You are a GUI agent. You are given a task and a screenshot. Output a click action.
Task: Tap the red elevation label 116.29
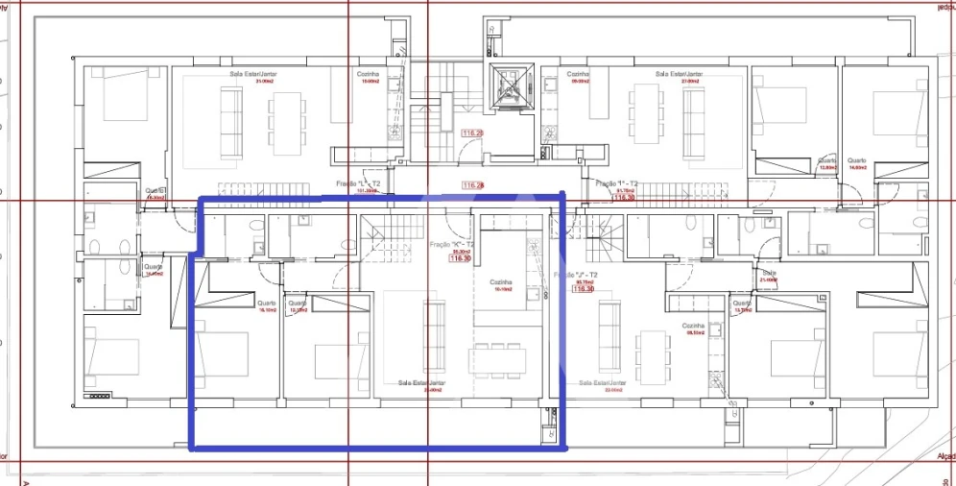coord(471,134)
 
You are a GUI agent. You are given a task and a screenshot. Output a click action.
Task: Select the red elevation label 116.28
coord(472,185)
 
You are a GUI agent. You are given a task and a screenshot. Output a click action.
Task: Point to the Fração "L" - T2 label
coord(359,182)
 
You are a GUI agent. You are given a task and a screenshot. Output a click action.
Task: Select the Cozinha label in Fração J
coord(695,327)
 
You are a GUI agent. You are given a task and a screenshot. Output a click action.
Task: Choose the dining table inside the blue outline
coord(499,359)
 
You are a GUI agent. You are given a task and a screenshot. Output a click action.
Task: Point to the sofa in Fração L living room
coord(230,123)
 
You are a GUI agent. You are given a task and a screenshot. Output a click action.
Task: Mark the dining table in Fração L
coord(285,123)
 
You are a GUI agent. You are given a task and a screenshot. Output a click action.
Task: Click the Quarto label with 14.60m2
coord(856,162)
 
